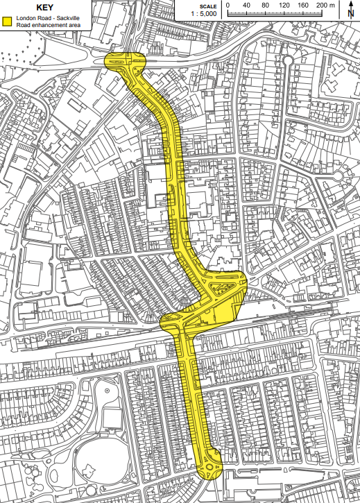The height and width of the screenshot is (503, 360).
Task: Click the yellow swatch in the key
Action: point(8,22)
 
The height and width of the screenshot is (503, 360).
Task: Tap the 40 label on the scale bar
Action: point(246,6)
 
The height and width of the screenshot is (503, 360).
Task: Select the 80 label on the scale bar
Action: point(266,6)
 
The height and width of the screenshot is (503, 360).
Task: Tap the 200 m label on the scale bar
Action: point(326,6)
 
